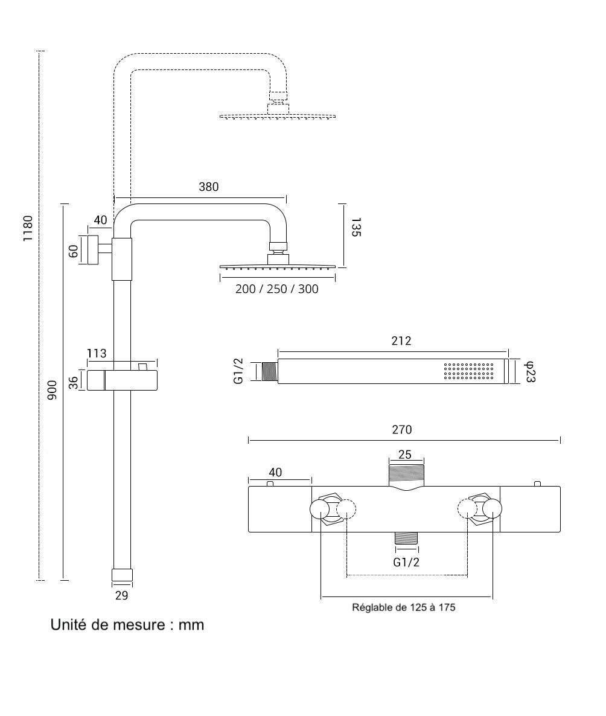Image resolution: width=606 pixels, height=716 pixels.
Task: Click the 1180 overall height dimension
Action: pos(28,228)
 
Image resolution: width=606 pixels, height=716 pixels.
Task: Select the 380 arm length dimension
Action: pos(209,187)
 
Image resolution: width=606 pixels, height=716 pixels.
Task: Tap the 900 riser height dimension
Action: pos(52,391)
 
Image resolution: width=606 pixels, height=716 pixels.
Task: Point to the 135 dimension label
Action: pos(356,227)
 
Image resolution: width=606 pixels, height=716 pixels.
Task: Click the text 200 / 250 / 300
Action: pos(277,289)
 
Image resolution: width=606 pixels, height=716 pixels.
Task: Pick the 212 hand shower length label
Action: pos(401,340)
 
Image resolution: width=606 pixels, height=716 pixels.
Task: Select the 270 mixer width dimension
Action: pos(401,430)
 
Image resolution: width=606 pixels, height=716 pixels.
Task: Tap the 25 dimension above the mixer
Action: pos(405,455)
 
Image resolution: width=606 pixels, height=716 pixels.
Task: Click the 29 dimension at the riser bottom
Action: pos(121,595)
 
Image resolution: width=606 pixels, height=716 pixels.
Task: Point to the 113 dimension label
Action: pos(97,353)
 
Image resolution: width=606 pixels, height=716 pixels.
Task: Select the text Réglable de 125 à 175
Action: pos(404,607)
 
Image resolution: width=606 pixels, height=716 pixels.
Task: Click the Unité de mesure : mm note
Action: pos(127,625)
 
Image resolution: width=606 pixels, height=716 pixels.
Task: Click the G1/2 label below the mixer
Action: pos(406,563)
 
